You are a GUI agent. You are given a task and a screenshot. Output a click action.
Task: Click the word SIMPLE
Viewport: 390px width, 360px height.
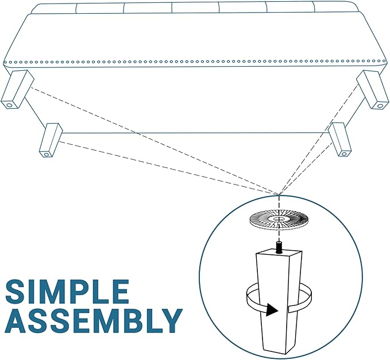coord(67,292)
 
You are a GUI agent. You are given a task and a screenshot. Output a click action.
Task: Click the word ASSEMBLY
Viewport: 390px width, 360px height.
coord(94,321)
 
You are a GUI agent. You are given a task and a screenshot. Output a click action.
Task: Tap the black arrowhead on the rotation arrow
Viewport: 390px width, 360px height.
coord(272,310)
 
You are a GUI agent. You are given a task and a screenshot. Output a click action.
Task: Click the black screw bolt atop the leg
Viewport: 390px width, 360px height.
coord(280,247)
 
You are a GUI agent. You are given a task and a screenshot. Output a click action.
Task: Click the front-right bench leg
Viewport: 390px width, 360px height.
coord(372,90)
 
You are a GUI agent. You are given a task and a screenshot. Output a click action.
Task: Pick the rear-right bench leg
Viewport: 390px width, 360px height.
coord(340,139)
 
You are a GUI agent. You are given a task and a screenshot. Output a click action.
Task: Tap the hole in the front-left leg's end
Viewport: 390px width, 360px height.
coord(9,105)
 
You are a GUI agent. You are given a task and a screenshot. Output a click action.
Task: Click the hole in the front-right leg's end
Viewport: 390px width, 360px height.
coord(380,106)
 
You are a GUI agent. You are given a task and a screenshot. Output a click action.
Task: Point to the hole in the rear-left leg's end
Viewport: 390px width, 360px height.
coord(46,155)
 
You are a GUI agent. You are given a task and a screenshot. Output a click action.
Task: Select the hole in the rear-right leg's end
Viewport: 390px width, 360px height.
coord(344,154)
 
